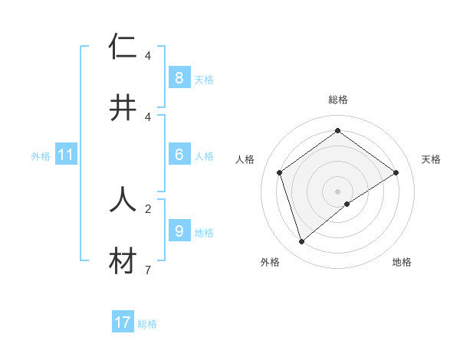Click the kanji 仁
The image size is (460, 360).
[x=123, y=46]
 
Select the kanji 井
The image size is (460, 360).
[x=123, y=108]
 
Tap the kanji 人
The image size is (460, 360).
[x=123, y=199]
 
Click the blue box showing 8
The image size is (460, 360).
[x=179, y=77]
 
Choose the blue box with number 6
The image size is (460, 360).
[x=179, y=155]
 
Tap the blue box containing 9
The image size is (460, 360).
[x=179, y=231]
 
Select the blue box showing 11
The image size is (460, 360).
[x=66, y=155]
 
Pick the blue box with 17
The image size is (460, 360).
[x=123, y=322]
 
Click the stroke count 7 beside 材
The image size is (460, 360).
[x=147, y=270]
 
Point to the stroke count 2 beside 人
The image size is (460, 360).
[x=147, y=208]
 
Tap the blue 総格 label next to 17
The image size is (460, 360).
[x=147, y=324]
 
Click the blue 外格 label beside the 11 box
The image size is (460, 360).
[x=41, y=156]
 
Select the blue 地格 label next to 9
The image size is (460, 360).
[x=204, y=232]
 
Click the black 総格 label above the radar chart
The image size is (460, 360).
[x=338, y=100]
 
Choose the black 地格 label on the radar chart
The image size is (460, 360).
[x=402, y=262]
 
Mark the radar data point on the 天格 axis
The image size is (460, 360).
[x=396, y=172]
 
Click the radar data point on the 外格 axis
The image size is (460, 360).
[x=301, y=242]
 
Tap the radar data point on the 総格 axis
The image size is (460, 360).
[x=337, y=130]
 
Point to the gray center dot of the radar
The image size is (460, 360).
[x=337, y=190]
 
